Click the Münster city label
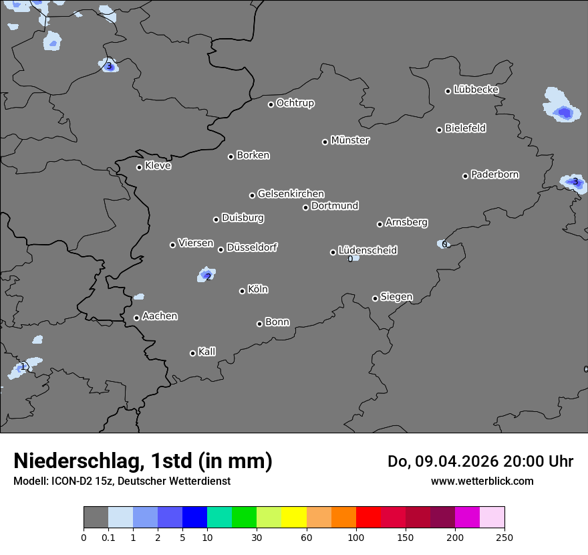(350, 140)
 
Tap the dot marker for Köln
(242, 291)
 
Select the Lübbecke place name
(476, 90)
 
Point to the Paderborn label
(494, 175)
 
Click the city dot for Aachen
(136, 318)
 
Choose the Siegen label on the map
(396, 297)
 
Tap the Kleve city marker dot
(139, 167)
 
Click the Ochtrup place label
(295, 103)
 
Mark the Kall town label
(206, 352)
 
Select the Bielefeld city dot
(439, 130)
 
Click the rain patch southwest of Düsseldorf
(207, 274)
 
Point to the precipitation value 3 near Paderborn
(575, 181)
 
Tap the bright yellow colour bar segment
(294, 518)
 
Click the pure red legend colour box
(368, 518)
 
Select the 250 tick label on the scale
(504, 538)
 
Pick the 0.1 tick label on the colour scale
(108, 538)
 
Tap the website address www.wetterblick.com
(482, 481)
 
